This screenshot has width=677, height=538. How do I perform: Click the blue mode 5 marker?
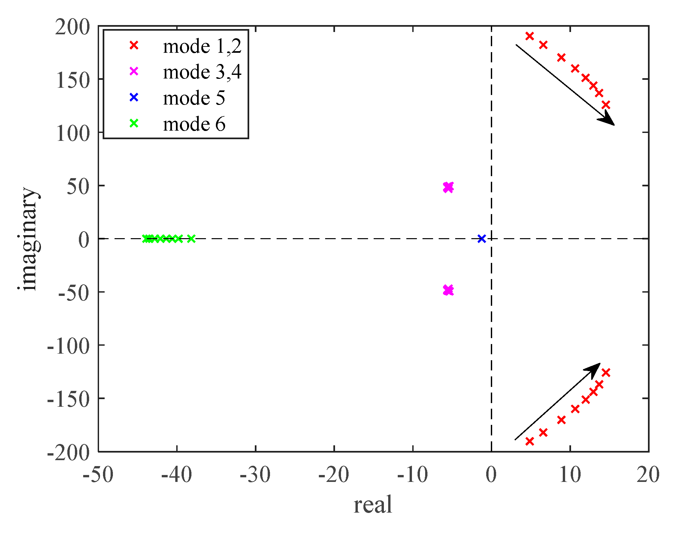[482, 238]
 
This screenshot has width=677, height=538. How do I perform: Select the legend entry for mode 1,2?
[202, 46]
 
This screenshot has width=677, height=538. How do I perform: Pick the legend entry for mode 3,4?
[202, 72]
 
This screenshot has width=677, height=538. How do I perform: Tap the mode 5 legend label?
[194, 98]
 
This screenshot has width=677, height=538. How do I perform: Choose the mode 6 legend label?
[194, 124]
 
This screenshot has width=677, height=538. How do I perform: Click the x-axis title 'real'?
[373, 505]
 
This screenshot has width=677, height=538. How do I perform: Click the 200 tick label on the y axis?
[72, 27]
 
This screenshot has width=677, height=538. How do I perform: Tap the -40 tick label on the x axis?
[176, 475]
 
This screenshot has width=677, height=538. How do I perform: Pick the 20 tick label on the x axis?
[648, 475]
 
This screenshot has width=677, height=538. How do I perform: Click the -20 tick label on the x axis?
[333, 475]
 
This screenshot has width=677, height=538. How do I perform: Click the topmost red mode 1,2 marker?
[529, 36]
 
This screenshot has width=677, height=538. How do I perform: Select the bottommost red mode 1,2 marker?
[529, 441]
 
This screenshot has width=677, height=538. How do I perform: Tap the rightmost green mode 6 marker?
[191, 238]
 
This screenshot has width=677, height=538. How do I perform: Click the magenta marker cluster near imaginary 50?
[448, 187]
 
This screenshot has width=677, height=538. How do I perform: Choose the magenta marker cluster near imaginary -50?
[448, 290]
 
